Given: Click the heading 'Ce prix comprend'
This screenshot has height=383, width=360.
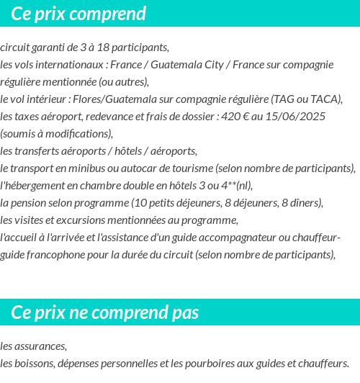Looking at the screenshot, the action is point(78,14).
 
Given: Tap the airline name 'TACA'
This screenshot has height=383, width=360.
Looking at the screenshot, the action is point(324,99).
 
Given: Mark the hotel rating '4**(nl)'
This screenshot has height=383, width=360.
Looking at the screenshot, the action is point(237,186).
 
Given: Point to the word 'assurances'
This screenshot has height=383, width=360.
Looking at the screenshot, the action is point(40,346).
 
